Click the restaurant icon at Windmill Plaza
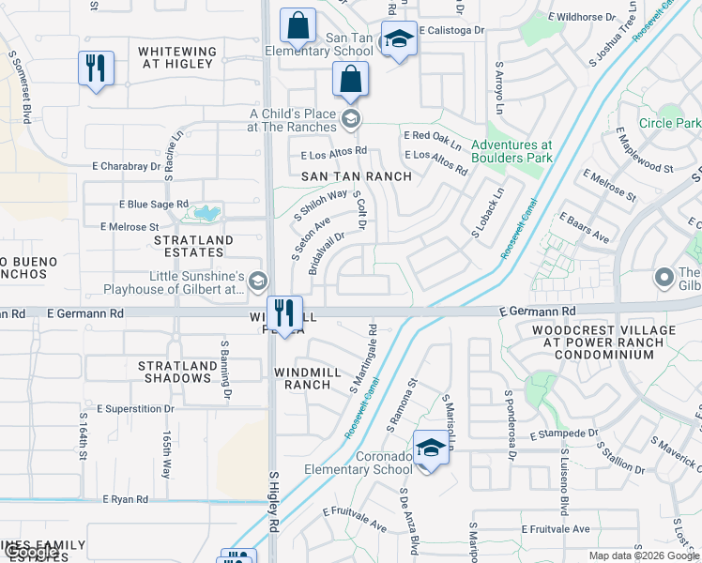point(283,313)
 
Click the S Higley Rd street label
point(274,503)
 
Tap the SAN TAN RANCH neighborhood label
point(356,176)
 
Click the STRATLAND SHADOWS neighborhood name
point(175,372)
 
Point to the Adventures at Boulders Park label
point(511,152)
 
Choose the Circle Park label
point(669,123)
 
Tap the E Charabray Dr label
point(127,166)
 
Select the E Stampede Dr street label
point(563,434)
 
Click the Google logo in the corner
point(30,553)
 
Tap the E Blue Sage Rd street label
point(154,204)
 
